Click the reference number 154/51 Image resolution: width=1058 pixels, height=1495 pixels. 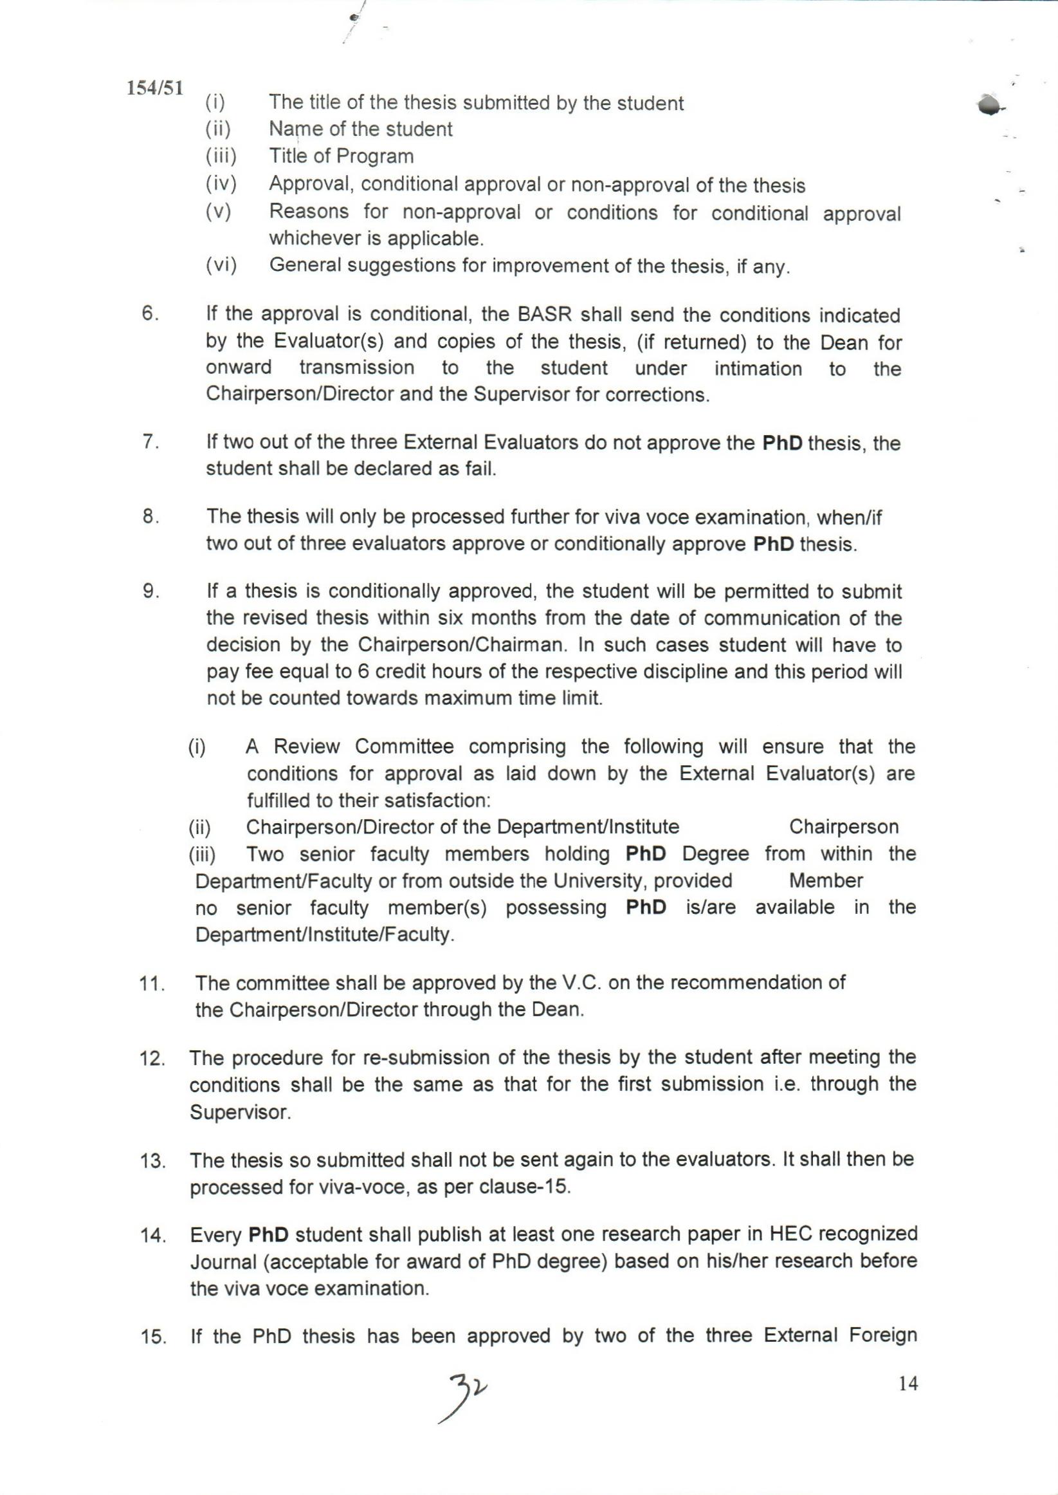[x=155, y=88]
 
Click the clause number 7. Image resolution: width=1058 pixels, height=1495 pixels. [x=149, y=442]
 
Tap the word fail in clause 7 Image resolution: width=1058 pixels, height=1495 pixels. [x=481, y=469]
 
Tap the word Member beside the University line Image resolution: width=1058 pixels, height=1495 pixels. [x=825, y=881]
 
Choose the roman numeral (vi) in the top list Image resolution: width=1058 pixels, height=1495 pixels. [x=221, y=265]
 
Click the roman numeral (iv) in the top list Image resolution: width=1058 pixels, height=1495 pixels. [x=221, y=185]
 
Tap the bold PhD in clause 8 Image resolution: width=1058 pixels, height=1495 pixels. [x=773, y=544]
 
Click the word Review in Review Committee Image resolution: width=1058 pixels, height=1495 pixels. [x=306, y=747]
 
